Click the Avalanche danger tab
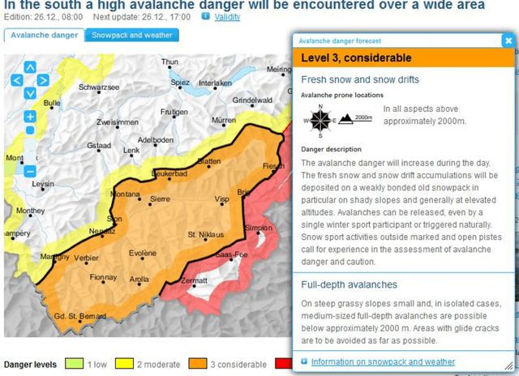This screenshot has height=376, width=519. pyautogui.click(x=45, y=36)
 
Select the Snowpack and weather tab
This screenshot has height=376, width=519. pyautogui.click(x=132, y=36)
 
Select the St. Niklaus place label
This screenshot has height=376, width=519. pyautogui.click(x=203, y=235)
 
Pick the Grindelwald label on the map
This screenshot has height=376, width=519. pyautogui.click(x=251, y=100)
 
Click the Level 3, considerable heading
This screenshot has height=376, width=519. pyautogui.click(x=356, y=58)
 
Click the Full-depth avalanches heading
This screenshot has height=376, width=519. pyautogui.click(x=349, y=285)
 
